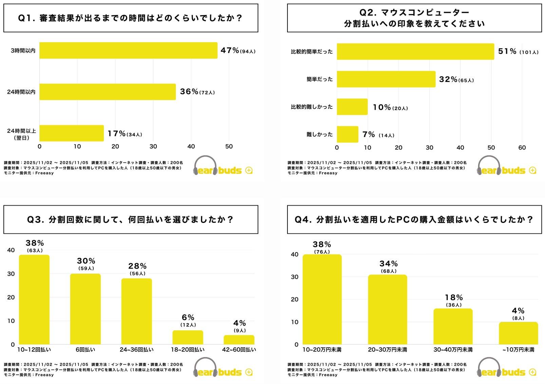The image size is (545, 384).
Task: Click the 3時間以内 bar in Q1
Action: (x=128, y=50)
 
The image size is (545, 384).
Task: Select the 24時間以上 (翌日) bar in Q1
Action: (x=72, y=133)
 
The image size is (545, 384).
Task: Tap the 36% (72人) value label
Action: (x=197, y=92)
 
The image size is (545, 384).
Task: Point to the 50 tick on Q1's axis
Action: (x=229, y=146)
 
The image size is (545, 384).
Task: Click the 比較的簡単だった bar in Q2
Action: (x=415, y=52)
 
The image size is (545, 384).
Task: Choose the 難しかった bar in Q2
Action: (x=347, y=134)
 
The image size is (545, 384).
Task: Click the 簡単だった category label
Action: (x=319, y=80)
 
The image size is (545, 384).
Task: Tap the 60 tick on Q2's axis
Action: (x=522, y=148)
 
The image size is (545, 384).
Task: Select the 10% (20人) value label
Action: (x=390, y=107)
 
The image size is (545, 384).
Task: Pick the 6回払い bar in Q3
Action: (x=86, y=309)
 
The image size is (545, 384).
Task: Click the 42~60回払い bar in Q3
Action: (x=239, y=340)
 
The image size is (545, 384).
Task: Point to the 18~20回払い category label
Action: (x=188, y=350)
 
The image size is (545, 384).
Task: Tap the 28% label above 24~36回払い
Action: (x=137, y=266)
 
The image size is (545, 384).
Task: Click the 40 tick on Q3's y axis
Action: (x=11, y=250)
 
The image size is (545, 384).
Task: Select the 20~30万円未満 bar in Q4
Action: (x=388, y=310)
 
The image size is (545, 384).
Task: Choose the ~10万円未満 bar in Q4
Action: (x=518, y=333)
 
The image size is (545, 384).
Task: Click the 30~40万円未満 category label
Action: (x=453, y=350)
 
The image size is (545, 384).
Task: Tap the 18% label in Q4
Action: (x=454, y=297)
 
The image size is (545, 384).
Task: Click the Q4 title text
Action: (x=414, y=220)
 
